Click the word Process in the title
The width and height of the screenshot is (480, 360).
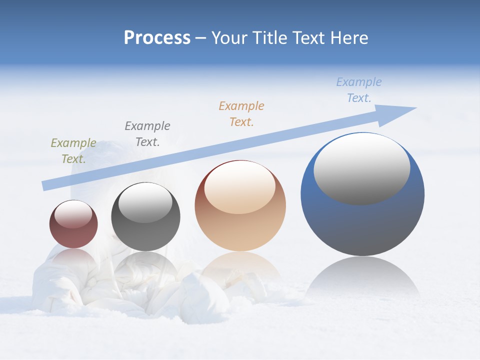click(x=157, y=38)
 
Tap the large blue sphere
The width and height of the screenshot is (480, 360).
click(x=362, y=225)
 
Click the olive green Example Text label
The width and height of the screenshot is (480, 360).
click(x=73, y=150)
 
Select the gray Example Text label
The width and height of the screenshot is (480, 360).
click(x=147, y=133)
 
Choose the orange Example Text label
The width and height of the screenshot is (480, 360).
click(x=241, y=113)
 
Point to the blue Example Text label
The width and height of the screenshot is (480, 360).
click(x=359, y=89)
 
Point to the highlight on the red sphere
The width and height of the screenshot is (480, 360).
click(x=73, y=213)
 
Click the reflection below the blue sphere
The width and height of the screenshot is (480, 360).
click(x=362, y=277)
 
